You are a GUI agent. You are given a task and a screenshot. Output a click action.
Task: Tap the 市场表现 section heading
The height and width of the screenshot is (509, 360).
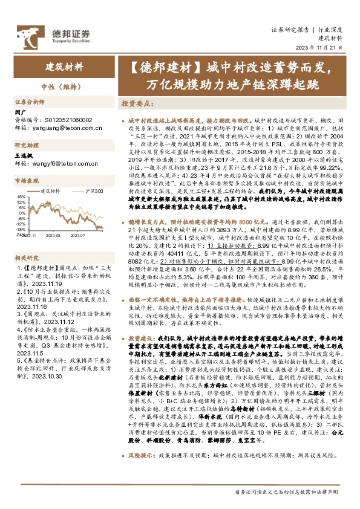coord(27,181)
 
